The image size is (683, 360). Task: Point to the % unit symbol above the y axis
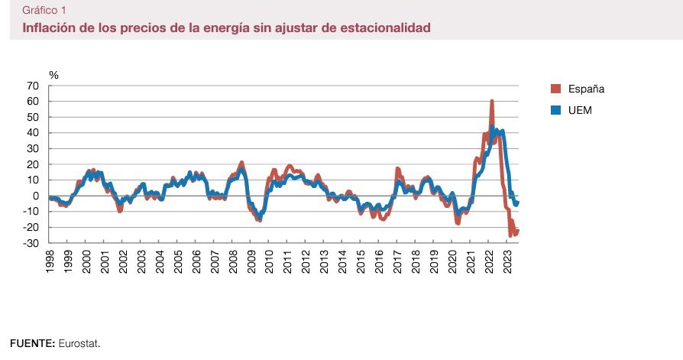coord(53,75)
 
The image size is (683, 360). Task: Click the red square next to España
coord(556,89)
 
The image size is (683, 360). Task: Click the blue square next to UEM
coord(556,110)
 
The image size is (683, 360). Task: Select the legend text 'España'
coord(586,89)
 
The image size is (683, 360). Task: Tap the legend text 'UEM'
coord(580,110)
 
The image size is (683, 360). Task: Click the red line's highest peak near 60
coord(491,101)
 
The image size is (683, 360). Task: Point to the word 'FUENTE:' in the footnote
coord(32,343)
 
